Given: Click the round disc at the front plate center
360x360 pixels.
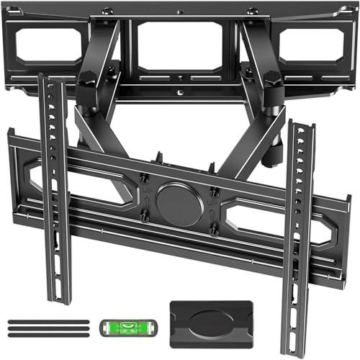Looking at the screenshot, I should [x=179, y=204].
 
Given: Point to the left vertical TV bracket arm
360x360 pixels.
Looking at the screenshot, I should [x=57, y=187].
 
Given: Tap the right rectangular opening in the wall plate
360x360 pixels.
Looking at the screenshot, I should [x=307, y=48].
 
